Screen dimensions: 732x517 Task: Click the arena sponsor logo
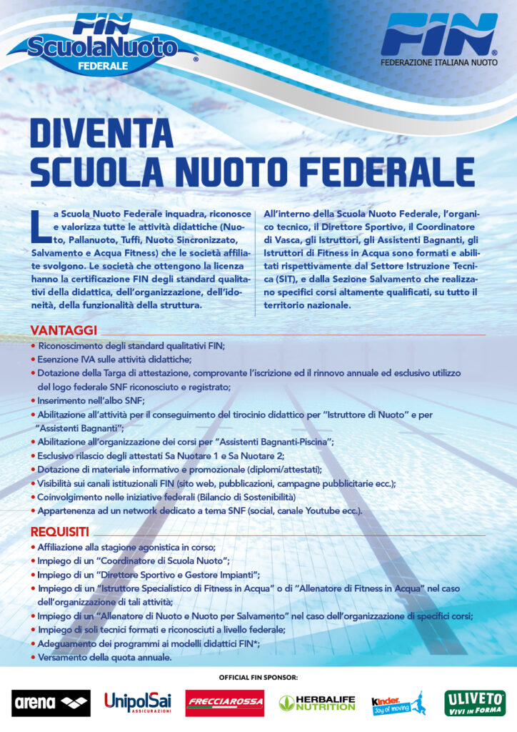coord(51,703)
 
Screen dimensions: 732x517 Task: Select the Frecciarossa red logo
coord(225,703)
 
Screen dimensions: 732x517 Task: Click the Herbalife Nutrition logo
coord(316,703)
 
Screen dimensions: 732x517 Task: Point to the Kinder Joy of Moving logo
coord(397,703)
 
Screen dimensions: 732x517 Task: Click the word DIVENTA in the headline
coord(101,134)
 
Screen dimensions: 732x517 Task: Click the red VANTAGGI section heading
coord(63,330)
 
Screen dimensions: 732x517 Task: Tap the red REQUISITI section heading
coord(59,531)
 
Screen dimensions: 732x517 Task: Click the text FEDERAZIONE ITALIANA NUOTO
coord(438,63)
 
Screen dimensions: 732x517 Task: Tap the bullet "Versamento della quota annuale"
coord(104,658)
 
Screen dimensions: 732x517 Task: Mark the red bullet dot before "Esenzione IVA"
coord(34,360)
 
